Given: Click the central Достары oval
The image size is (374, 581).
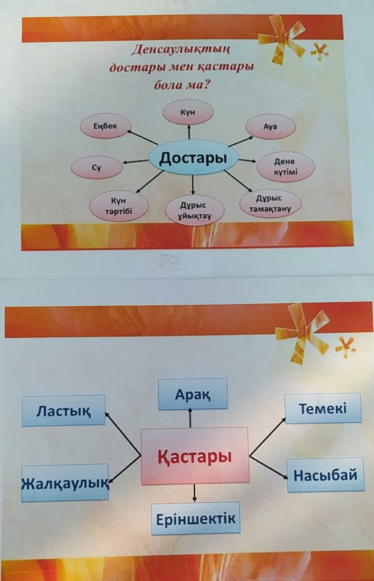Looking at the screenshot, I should tap(193, 159).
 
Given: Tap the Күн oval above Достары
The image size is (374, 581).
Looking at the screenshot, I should tap(188, 112).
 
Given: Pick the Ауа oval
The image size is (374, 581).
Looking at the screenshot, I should tap(270, 127).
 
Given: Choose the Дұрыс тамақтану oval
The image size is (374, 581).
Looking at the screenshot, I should tap(270, 204).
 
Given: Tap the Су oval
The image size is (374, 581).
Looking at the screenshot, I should tap(96, 167).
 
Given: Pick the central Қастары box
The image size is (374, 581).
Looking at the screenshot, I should tap(195, 456).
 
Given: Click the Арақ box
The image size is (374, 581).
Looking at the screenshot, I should tap(193, 395).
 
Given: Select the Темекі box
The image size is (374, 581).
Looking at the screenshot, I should tap(322, 409).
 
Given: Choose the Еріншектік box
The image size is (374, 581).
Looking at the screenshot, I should tap(195, 518).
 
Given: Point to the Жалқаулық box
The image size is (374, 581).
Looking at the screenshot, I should tap(65, 483).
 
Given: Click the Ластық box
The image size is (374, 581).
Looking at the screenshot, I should tap(63, 410).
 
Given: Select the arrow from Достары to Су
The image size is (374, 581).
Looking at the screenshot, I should tap(135, 163).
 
